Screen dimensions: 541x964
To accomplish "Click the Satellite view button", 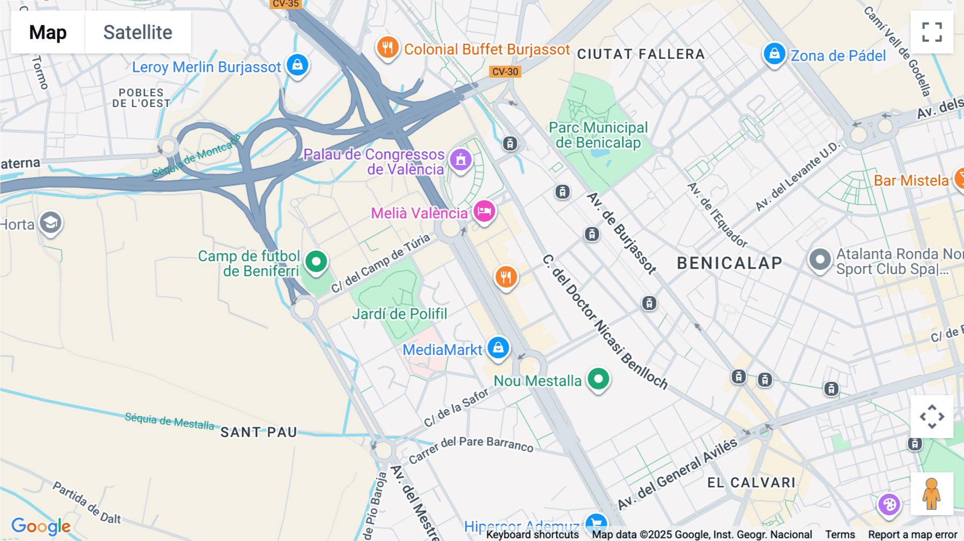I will point(138,32).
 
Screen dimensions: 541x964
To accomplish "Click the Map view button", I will point(48,32).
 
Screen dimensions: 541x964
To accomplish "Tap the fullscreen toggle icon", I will point(932,32).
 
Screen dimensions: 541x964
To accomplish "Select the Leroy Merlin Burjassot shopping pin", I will point(297,65).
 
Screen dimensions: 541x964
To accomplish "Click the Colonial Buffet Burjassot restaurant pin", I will point(387,48).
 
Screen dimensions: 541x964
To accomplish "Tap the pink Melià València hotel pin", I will point(484,211).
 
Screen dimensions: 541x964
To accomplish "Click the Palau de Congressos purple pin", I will point(461,160).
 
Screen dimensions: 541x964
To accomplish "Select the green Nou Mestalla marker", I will point(598,379).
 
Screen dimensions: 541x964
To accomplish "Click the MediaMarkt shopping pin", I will point(498,348).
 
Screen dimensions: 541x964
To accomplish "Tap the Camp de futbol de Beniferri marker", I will point(316,262).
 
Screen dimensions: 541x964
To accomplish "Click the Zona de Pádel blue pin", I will point(774,54).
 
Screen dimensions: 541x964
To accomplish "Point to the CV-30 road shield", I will point(505,72).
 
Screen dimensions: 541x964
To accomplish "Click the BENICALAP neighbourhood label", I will point(729,263).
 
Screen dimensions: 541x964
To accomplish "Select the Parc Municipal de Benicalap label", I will point(598,135).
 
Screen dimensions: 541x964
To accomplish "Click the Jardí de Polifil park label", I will point(400,314).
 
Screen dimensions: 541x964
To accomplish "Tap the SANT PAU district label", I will point(259,432).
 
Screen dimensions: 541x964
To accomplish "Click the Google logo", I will point(41,525).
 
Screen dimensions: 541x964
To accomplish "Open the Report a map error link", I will point(913,535).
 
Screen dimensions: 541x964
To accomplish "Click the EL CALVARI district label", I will point(751,483).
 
